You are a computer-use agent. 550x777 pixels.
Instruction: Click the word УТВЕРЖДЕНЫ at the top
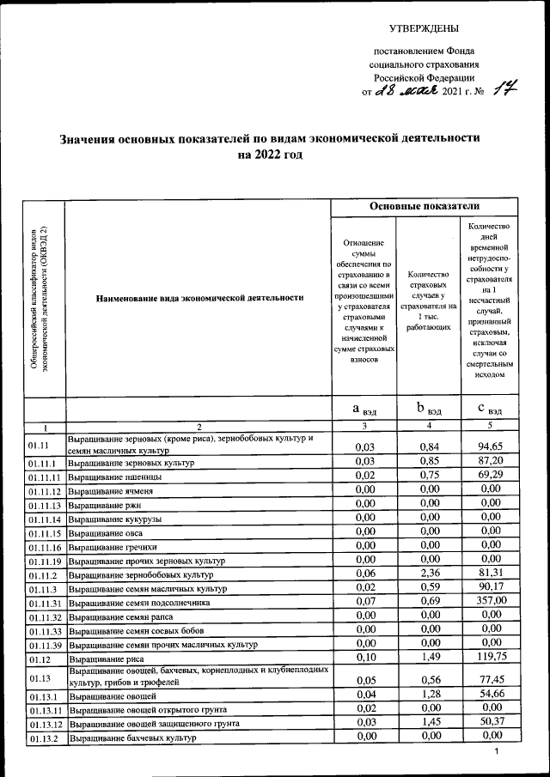pyautogui.click(x=424, y=30)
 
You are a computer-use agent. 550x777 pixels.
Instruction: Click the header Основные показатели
pyautogui.click(x=425, y=207)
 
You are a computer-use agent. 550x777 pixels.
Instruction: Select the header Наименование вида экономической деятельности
pyautogui.click(x=199, y=298)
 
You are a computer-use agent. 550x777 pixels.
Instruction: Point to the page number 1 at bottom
pyautogui.click(x=497, y=752)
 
